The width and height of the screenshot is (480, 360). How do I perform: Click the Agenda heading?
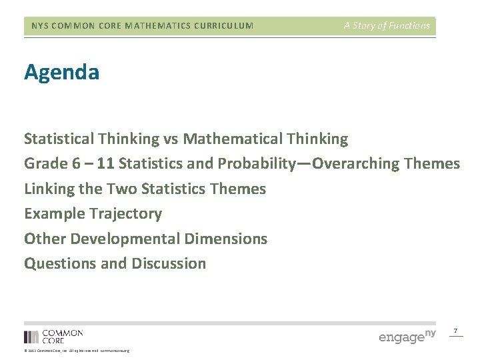tap(62, 72)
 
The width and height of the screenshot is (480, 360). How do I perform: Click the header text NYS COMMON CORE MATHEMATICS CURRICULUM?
tap(143, 26)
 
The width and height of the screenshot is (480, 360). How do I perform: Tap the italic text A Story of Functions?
tap(387, 25)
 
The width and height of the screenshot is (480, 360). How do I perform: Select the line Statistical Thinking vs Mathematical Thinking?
tap(186, 139)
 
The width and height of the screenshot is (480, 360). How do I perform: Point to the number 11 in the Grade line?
tap(105, 163)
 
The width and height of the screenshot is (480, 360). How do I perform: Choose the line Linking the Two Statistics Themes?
tap(145, 189)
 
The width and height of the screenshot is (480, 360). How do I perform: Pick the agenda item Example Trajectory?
tap(93, 213)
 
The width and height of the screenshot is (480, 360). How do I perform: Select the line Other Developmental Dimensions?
tap(145, 239)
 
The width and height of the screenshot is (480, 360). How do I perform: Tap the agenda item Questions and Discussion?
tap(115, 263)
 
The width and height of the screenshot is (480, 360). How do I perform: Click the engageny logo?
tap(407, 335)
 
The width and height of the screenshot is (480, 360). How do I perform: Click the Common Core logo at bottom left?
tap(53, 336)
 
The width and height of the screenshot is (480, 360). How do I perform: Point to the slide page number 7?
tap(455, 331)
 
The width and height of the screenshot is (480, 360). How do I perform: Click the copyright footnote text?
tap(77, 351)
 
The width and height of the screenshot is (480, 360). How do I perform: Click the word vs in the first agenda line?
tap(170, 139)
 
